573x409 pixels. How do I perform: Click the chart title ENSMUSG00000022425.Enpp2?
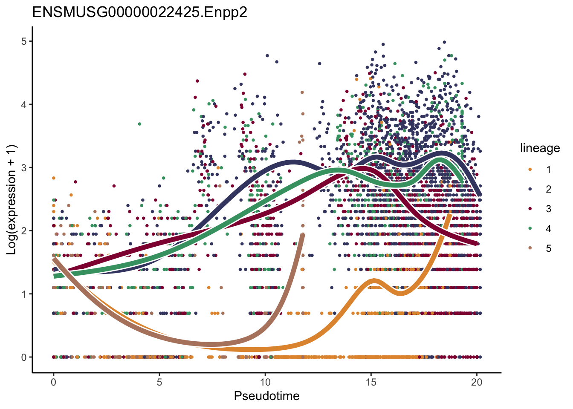point(139,12)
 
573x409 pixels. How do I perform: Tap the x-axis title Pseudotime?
point(266,396)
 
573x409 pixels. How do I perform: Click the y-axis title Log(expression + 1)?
point(12,199)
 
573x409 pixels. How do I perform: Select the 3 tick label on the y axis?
point(24,168)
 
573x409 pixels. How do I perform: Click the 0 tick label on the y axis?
point(24,357)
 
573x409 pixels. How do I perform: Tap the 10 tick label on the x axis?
point(265,382)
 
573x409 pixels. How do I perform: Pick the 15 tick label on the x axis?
point(371,382)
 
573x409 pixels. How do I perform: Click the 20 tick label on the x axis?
point(477,382)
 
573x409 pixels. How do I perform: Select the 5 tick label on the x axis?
point(159,382)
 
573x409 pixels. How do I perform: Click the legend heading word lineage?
point(540,148)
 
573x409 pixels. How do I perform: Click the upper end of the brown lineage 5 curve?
point(303,235)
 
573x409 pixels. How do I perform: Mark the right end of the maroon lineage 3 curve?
point(476,244)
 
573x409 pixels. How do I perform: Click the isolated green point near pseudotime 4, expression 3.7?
point(139,124)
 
